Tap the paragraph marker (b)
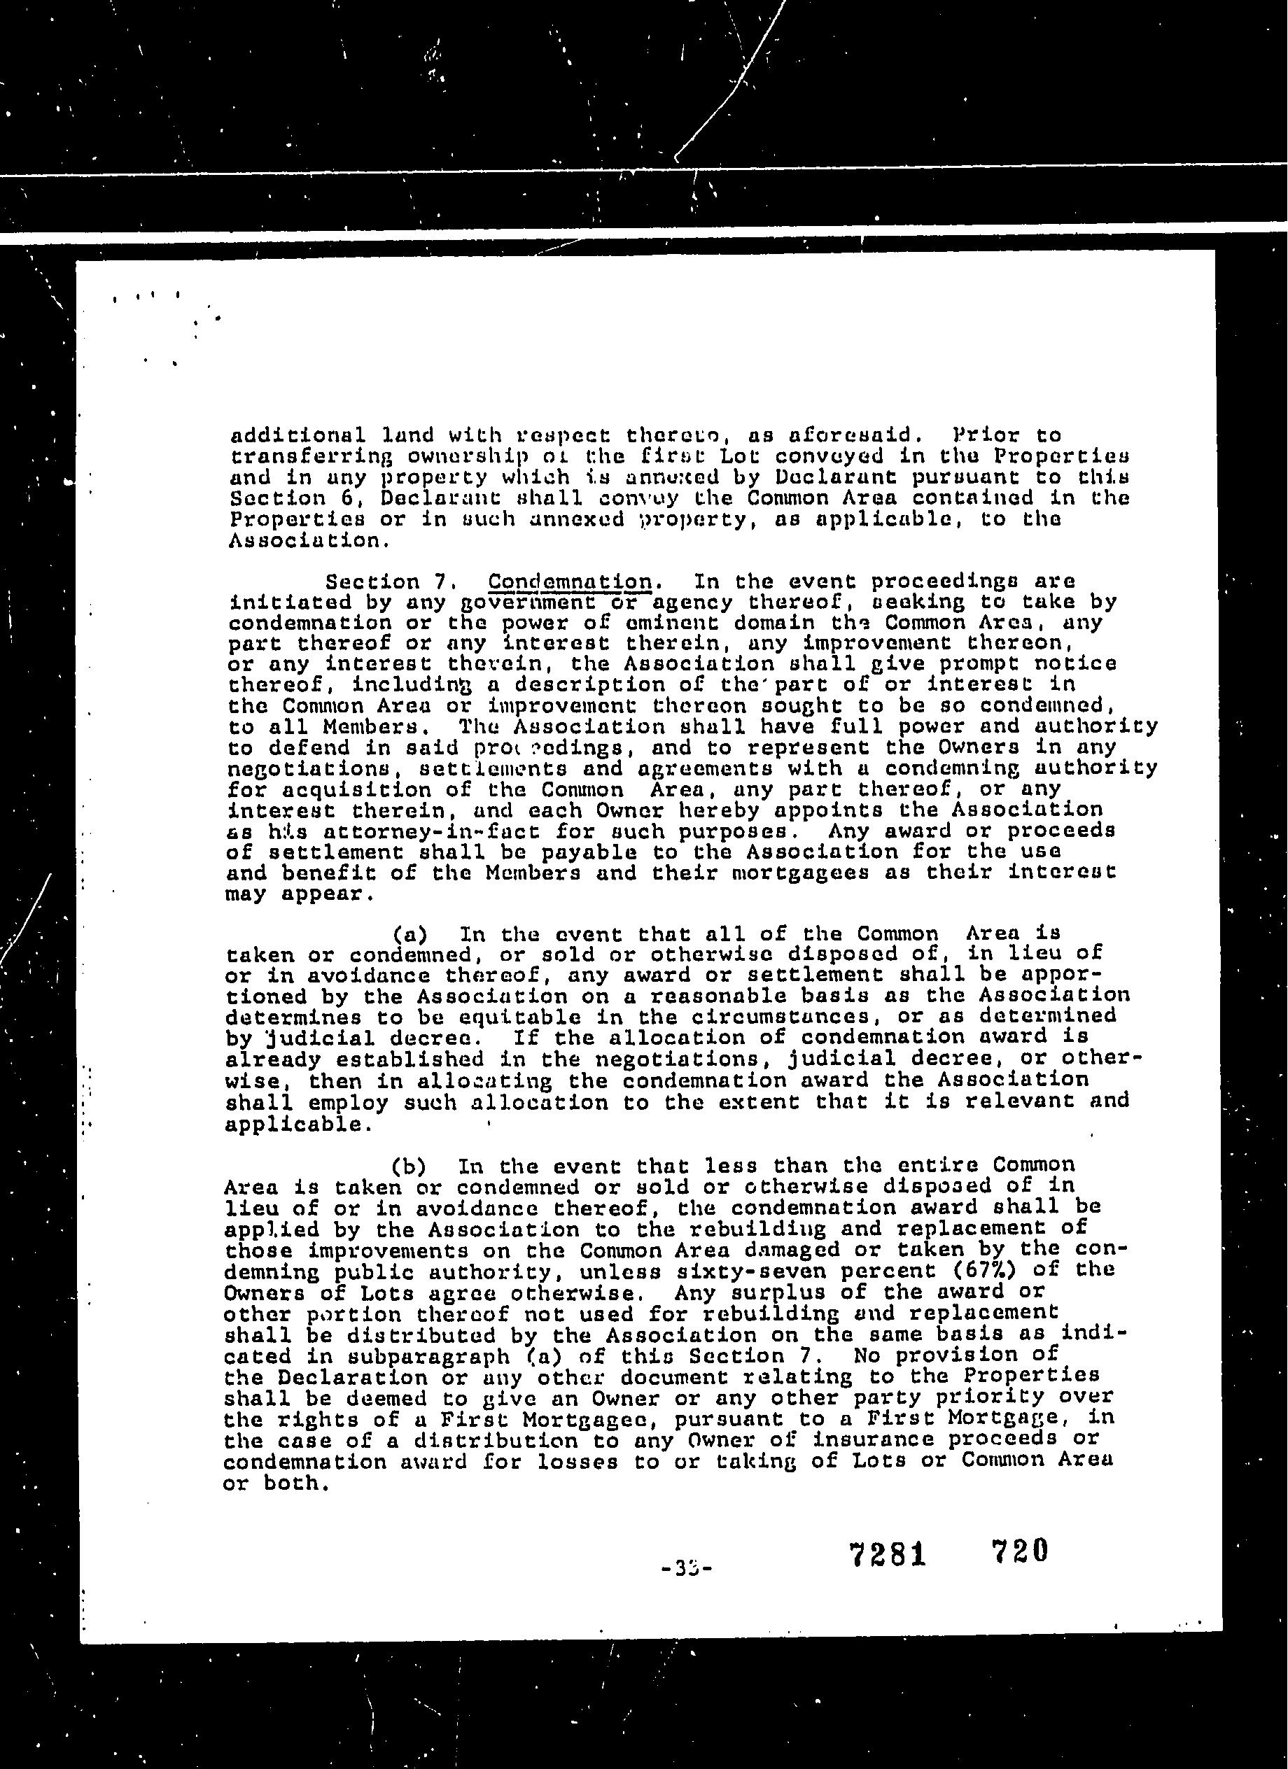(409, 1167)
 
